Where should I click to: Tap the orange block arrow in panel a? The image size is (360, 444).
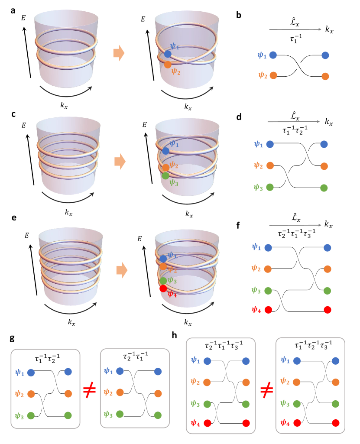[119, 53]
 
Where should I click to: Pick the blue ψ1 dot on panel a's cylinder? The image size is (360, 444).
[168, 54]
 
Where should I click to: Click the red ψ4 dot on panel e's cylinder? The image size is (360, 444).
[163, 288]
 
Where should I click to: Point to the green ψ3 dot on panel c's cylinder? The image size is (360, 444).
[165, 176]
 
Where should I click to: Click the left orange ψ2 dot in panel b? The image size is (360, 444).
[273, 76]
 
